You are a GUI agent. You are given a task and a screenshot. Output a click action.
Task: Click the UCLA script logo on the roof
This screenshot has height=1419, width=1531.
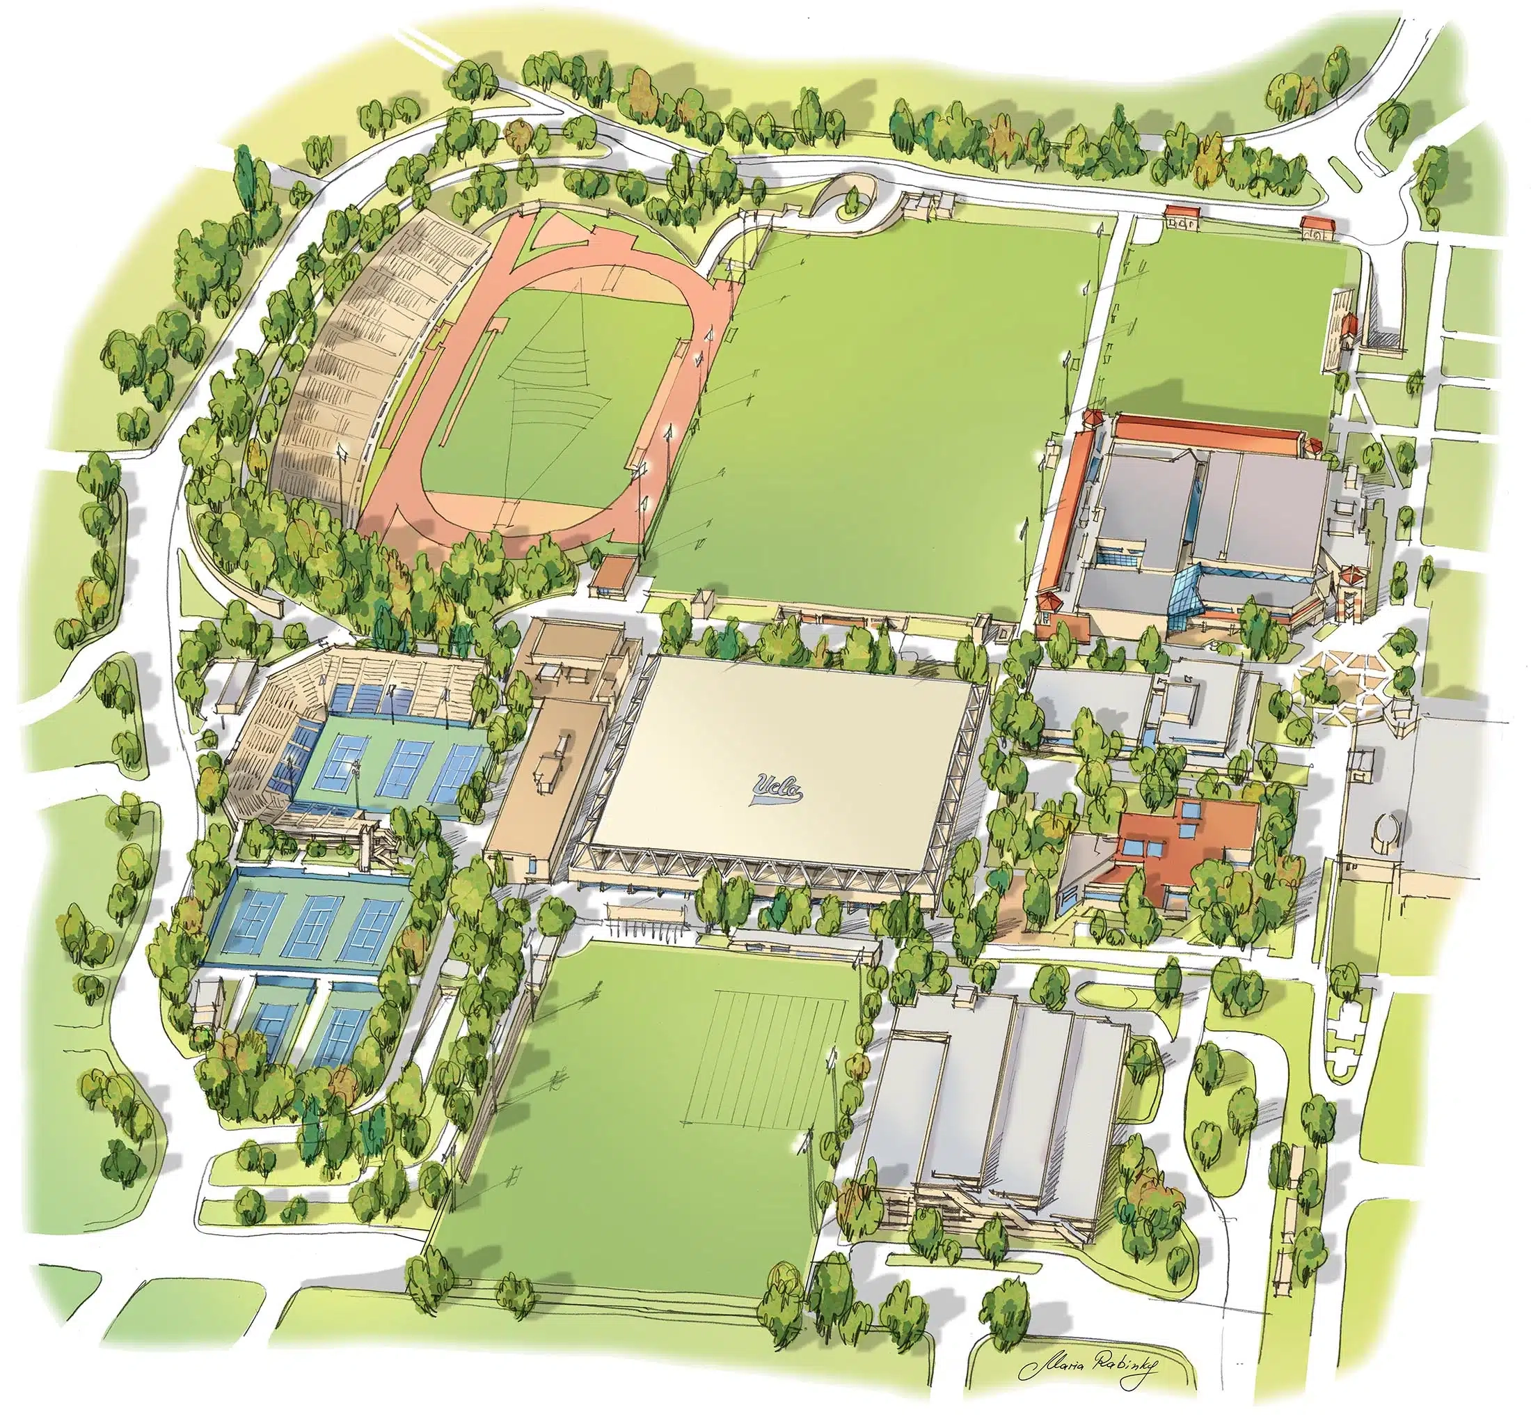click(x=777, y=787)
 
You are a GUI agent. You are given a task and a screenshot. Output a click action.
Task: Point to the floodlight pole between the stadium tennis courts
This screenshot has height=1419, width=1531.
click(x=357, y=776)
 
